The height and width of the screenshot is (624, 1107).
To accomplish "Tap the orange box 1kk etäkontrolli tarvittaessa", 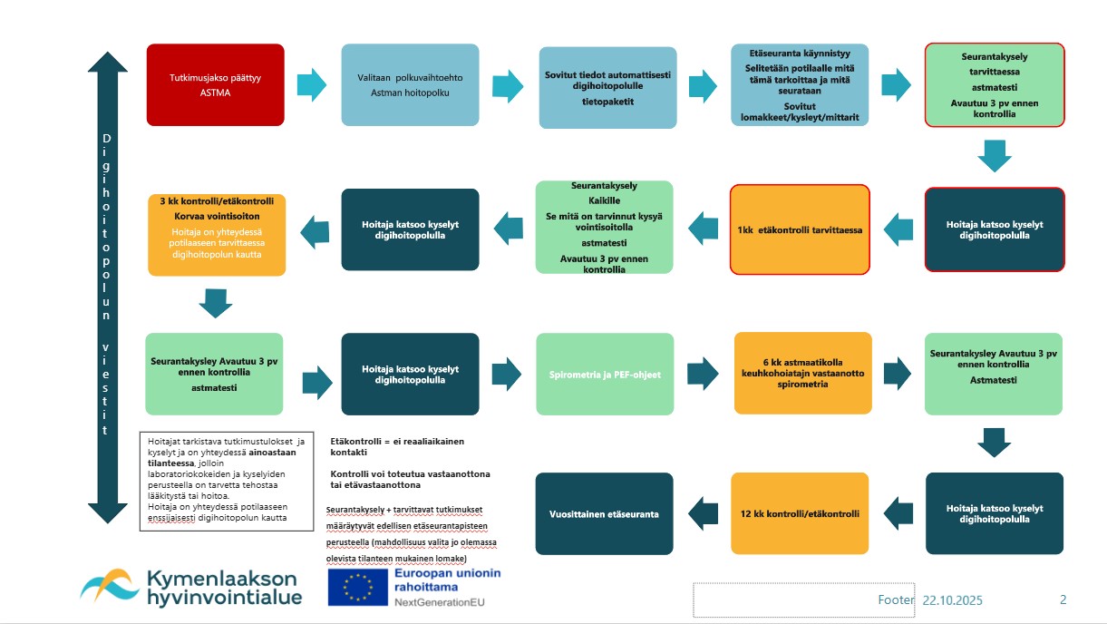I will (800, 230).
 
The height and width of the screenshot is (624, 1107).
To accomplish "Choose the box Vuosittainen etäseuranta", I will (605, 513).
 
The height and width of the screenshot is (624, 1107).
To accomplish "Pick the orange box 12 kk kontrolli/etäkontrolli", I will (800, 513).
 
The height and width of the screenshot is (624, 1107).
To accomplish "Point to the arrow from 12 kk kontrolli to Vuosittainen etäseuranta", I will (702, 513).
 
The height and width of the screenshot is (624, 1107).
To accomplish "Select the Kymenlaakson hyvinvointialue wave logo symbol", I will (109, 585).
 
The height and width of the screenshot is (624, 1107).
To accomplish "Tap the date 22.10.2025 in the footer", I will (953, 600).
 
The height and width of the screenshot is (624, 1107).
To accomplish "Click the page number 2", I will (1063, 600).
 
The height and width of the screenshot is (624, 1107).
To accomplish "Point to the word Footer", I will (897, 600).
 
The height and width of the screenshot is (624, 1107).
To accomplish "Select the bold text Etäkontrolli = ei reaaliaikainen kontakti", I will (397, 446).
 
